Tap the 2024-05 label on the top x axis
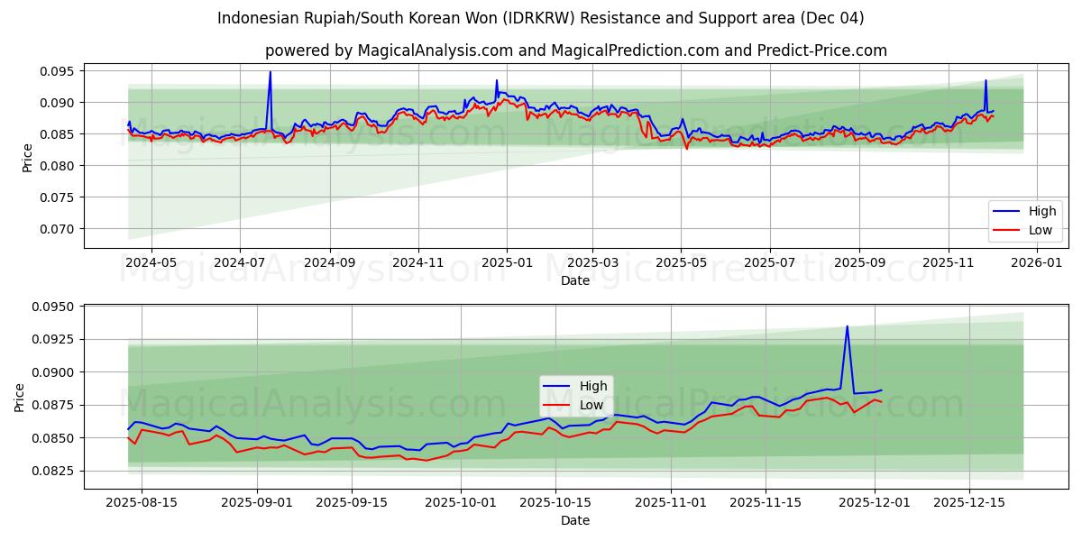click(x=151, y=262)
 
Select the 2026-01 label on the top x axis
click(x=1037, y=262)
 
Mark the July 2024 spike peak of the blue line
click(x=270, y=72)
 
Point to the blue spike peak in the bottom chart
click(x=847, y=326)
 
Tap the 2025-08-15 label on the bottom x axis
click(x=142, y=502)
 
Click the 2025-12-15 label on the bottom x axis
click(x=969, y=502)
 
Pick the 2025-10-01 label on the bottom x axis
click(x=461, y=502)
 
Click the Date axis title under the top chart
click(x=575, y=280)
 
